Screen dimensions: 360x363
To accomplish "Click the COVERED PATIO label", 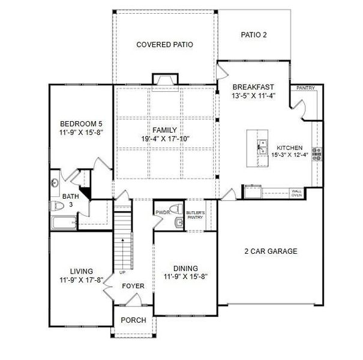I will coord(164,44).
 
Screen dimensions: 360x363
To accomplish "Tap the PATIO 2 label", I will coord(253,35).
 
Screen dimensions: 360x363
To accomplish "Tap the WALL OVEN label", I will coord(296,193).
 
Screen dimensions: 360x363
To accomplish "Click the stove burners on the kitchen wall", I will coord(317,154).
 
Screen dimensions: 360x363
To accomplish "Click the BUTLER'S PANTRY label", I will coord(196,215).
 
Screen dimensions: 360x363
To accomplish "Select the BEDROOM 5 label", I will coord(81,124).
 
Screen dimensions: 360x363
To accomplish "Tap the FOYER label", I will coord(133,286).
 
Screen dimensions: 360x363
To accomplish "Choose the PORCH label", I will coord(133,320).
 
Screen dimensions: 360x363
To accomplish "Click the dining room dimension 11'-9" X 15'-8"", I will coord(186,277).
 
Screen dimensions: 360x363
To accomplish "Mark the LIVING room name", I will coord(81,271).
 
